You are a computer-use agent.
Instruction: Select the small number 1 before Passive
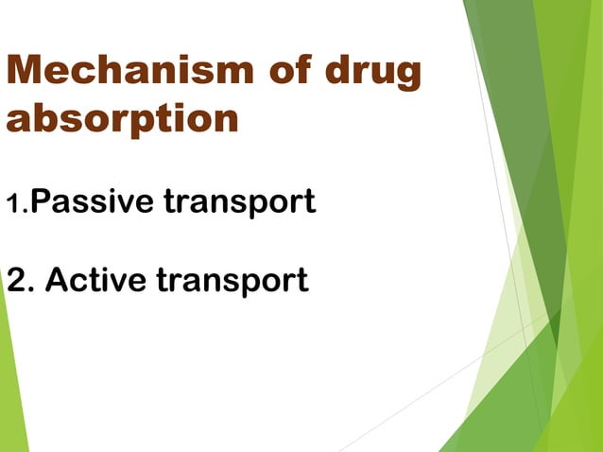click(x=12, y=203)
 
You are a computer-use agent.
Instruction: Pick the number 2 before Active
click(x=17, y=281)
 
